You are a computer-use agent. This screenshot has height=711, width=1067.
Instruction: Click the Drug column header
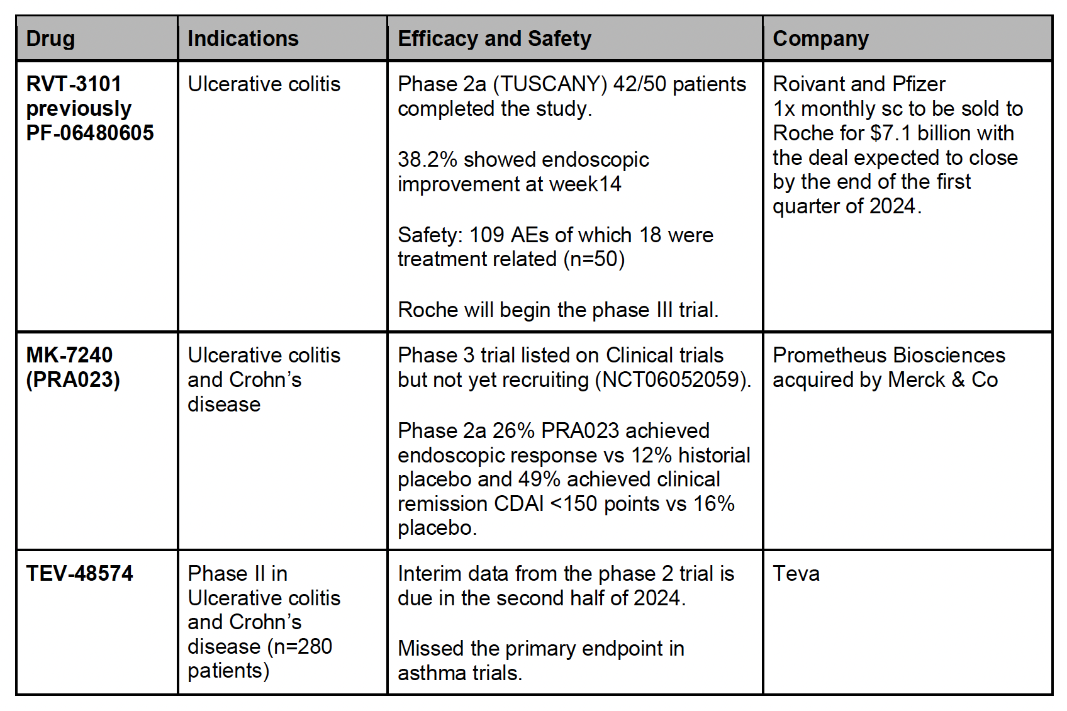(50, 39)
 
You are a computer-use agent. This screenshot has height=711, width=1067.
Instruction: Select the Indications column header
(243, 39)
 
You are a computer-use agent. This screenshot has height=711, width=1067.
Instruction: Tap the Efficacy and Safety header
(494, 39)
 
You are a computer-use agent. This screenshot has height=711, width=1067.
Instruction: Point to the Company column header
(820, 39)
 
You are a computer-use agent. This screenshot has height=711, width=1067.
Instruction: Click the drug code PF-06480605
(90, 133)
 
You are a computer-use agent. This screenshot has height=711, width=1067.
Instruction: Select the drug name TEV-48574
(79, 574)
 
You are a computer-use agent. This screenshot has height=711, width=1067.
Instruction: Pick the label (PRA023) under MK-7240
(73, 380)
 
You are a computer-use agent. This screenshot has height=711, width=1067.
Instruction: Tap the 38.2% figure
(427, 160)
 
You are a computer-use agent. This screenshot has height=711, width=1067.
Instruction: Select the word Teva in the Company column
(796, 574)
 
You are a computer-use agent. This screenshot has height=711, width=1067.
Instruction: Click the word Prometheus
(825, 355)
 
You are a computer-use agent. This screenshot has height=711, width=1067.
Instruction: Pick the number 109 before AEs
(486, 235)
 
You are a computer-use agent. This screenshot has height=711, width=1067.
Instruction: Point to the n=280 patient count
(303, 647)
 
